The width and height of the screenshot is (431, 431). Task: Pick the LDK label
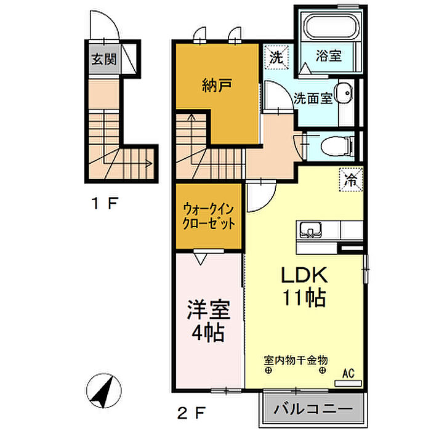click(304, 275)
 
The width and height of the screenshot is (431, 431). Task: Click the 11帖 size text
click(304, 299)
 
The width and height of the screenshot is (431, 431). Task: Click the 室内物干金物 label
click(296, 359)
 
